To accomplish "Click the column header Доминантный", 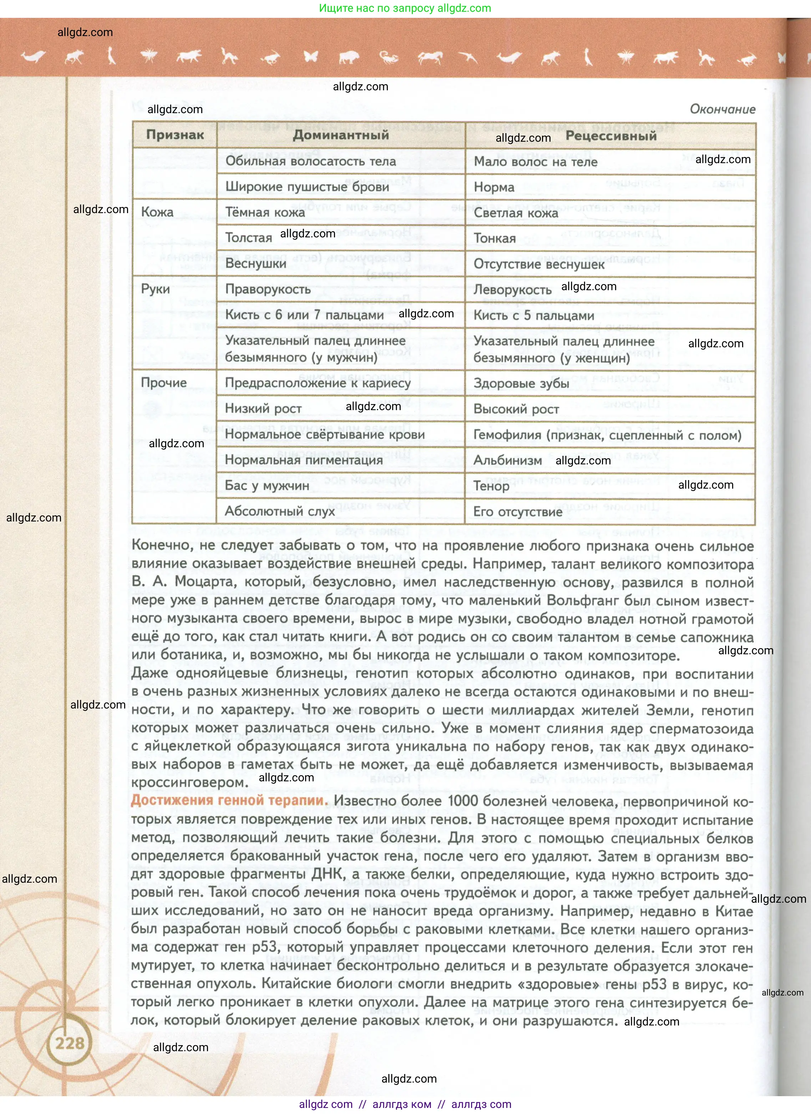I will pyautogui.click(x=341, y=135).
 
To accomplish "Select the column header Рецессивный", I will pyautogui.click(x=611, y=136).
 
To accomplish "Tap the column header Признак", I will pyautogui.click(x=175, y=135).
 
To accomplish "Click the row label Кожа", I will pyautogui.click(x=157, y=212).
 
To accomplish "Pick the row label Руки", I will pyautogui.click(x=155, y=289).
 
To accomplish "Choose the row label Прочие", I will pyautogui.click(x=163, y=383).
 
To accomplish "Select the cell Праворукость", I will pyautogui.click(x=268, y=289).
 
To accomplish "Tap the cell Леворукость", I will pyautogui.click(x=512, y=290).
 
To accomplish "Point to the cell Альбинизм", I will pyautogui.click(x=508, y=460).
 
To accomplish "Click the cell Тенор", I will pyautogui.click(x=491, y=486).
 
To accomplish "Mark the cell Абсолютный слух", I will pyautogui.click(x=280, y=511).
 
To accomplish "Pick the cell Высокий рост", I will pyautogui.click(x=516, y=409).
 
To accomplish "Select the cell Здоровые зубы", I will pyautogui.click(x=521, y=383).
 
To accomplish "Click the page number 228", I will pyautogui.click(x=70, y=1043).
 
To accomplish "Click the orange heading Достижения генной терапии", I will pyautogui.click(x=229, y=801).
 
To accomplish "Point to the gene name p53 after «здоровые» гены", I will pyautogui.click(x=654, y=984).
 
